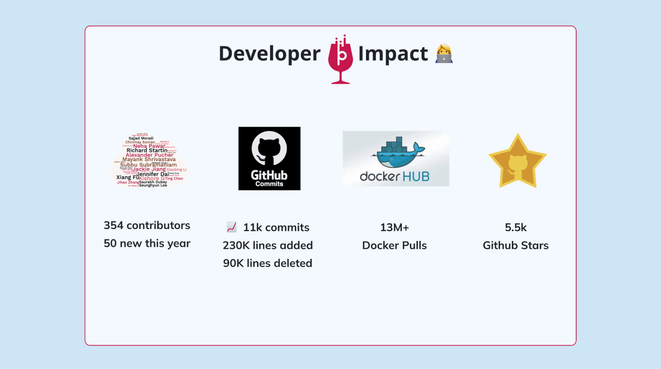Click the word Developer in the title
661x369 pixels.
[x=269, y=54]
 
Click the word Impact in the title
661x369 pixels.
[x=393, y=54]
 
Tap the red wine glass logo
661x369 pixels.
[x=340, y=60]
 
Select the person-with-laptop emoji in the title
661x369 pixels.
[x=444, y=54]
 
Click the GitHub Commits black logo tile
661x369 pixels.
[x=269, y=158]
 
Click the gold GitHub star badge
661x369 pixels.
[x=517, y=161]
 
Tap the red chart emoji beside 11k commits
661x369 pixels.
[x=231, y=227]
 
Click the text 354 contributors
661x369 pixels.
[x=147, y=225]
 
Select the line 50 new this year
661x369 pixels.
[x=147, y=244]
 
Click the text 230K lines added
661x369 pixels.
[x=268, y=245]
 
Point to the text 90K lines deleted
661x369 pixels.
[x=268, y=263]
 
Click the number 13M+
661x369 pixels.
[x=394, y=227]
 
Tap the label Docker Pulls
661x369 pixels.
[x=394, y=245]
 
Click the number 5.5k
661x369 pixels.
[x=516, y=227]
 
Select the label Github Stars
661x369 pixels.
[x=516, y=245]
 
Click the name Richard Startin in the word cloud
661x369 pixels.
[x=147, y=150]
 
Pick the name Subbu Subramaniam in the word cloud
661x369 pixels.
[x=148, y=165]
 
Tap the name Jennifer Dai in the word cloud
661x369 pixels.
[x=153, y=174]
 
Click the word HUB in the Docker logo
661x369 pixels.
[x=416, y=177]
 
